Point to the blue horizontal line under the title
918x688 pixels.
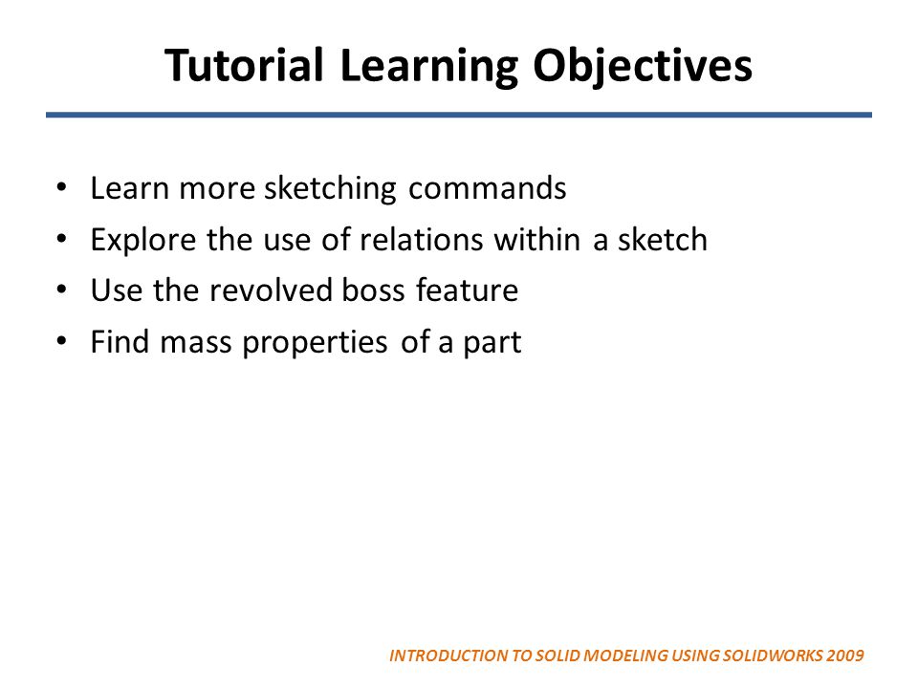(459, 115)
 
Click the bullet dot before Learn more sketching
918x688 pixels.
(62, 187)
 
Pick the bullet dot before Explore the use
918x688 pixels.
(62, 239)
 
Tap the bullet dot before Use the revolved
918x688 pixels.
(62, 290)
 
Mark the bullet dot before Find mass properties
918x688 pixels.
(62, 342)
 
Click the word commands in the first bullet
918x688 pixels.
(488, 189)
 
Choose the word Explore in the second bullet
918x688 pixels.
(144, 240)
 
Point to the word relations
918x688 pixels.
(422, 240)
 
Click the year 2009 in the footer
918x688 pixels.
(846, 656)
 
